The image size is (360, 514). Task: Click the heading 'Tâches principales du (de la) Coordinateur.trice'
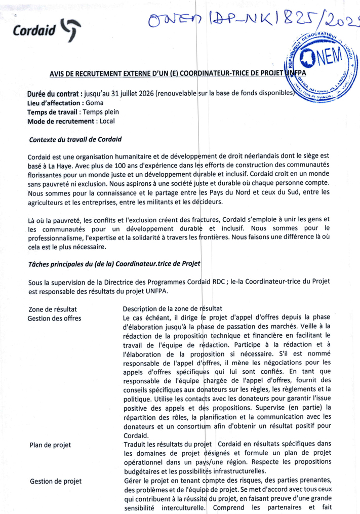[x=115, y=264]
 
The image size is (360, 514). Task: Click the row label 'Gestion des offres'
[x=55, y=318]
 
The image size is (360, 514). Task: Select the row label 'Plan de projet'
[x=50, y=445]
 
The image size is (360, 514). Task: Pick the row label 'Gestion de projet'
[x=55, y=481]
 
